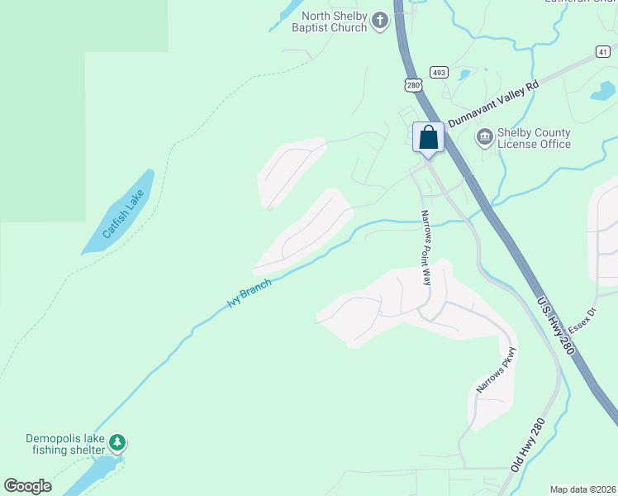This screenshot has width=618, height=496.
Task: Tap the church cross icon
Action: tap(379, 21)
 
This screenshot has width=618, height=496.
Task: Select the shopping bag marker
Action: tap(428, 136)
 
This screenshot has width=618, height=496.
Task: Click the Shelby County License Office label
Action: tap(534, 138)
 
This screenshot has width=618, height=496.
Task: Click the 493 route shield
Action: tap(439, 72)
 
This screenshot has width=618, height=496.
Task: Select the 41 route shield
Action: tap(602, 51)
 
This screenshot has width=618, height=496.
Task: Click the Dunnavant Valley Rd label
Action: tap(493, 103)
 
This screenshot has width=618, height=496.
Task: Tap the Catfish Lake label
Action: tap(124, 214)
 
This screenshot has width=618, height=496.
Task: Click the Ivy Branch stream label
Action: tap(249, 294)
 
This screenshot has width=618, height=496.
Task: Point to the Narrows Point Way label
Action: tap(426, 248)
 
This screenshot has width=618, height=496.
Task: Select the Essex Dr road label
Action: tap(582, 319)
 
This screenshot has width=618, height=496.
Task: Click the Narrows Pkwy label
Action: tap(496, 373)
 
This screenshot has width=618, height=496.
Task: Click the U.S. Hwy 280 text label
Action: tap(554, 327)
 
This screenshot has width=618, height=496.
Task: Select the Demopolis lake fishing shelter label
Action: tap(65, 444)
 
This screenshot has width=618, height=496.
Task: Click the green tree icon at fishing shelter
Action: tap(118, 443)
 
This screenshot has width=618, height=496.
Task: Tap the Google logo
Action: tap(27, 486)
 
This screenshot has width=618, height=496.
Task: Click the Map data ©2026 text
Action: tap(582, 489)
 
